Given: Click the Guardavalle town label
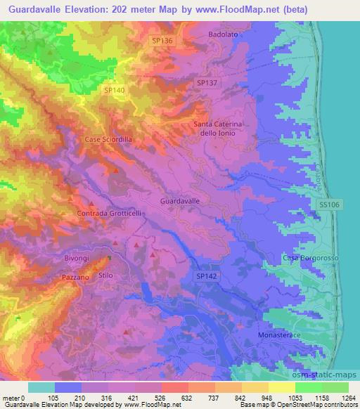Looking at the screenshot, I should click(x=180, y=201).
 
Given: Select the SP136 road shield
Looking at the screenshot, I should click(x=162, y=41).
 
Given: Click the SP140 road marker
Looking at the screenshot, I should click(x=114, y=90).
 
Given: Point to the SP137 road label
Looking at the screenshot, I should click(x=207, y=83).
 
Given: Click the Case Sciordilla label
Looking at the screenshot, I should click(x=108, y=140).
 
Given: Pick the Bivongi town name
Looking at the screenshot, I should click(x=77, y=259).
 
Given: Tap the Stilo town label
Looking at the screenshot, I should click(x=105, y=275).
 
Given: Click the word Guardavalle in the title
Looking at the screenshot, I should click(x=34, y=9).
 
